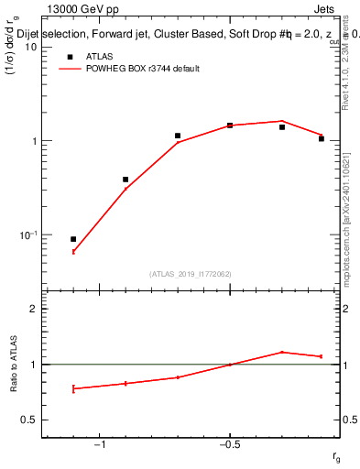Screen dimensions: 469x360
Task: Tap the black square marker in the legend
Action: pos(69,56)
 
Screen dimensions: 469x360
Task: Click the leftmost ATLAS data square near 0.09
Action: pos(73,239)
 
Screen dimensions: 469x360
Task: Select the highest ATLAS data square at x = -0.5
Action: pos(230,125)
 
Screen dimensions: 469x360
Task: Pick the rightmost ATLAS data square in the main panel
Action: pos(322,138)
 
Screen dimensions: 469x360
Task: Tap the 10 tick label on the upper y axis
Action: pos(30,47)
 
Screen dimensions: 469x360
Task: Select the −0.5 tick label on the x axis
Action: pos(229,445)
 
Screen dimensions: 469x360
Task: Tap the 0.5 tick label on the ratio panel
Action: pos(29,420)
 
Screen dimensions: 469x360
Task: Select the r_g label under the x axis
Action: pos(336,457)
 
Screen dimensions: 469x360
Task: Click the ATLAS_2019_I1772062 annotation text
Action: pos(191,273)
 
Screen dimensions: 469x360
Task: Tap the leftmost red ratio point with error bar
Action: pos(73,388)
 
